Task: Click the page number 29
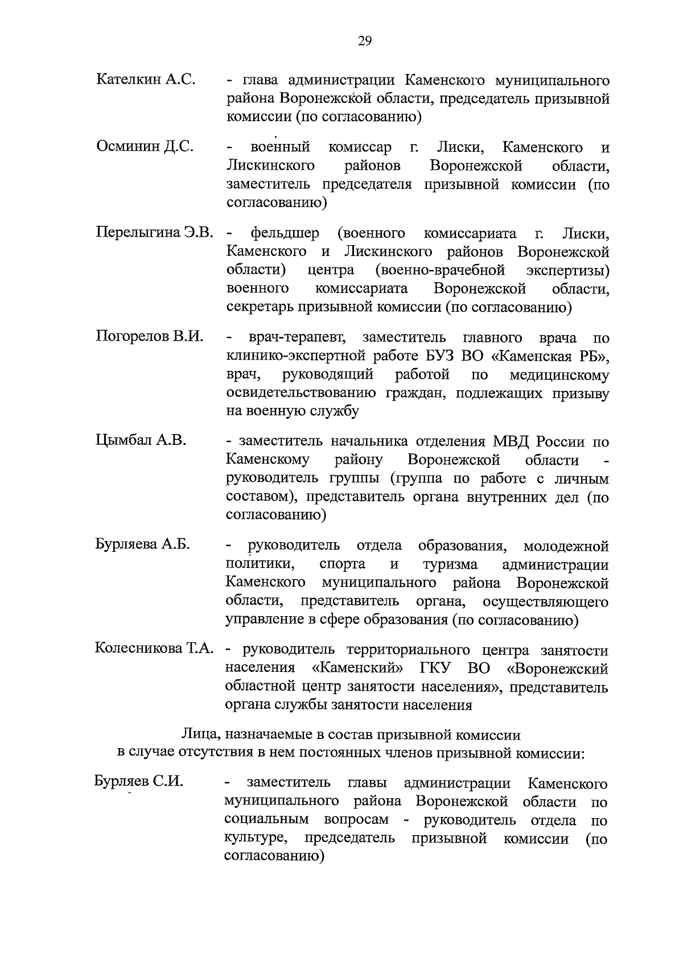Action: (365, 40)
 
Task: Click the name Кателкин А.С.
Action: (146, 80)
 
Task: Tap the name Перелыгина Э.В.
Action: (154, 233)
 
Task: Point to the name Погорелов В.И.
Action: (149, 337)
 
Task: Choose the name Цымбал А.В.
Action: (141, 441)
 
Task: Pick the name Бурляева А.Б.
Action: (142, 544)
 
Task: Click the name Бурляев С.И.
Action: (139, 782)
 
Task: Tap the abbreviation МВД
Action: (516, 441)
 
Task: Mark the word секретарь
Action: (262, 308)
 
